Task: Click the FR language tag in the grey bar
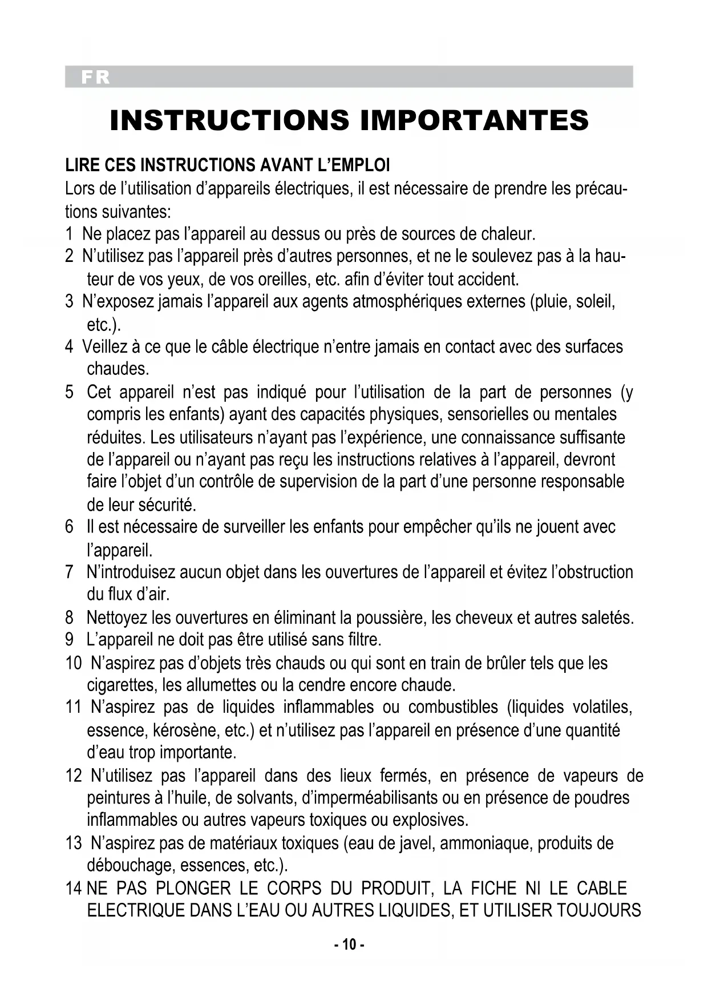(95, 77)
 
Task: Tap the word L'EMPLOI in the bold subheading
(354, 166)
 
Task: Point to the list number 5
(70, 392)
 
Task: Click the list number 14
(74, 888)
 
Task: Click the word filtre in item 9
(363, 639)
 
